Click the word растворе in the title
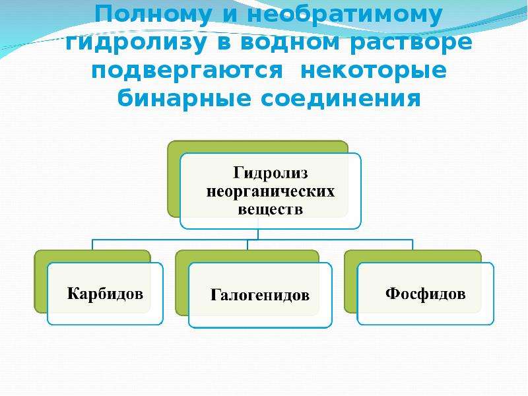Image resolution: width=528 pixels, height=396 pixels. (411, 44)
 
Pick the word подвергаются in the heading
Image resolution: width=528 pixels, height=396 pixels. (187, 72)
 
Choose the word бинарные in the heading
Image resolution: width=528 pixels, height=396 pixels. (184, 98)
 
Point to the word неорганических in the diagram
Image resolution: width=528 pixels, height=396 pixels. (271, 192)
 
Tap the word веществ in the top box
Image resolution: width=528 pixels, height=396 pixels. (271, 209)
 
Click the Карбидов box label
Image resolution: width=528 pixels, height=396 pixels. (105, 294)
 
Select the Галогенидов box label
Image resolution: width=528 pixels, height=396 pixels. (260, 295)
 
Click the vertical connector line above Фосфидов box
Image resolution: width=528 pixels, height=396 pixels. (412, 245)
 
